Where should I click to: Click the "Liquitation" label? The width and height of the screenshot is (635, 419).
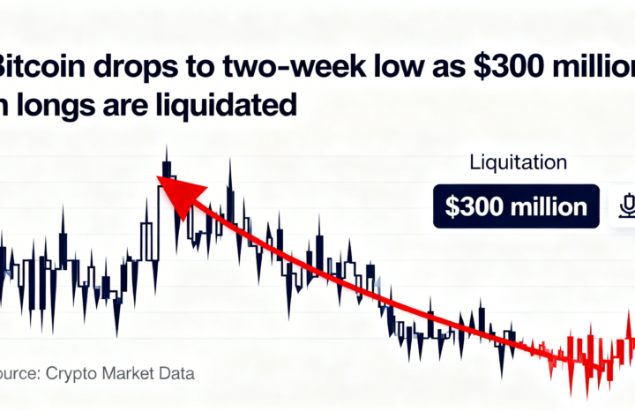point(519,163)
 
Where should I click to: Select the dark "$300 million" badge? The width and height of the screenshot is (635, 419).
point(516,206)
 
